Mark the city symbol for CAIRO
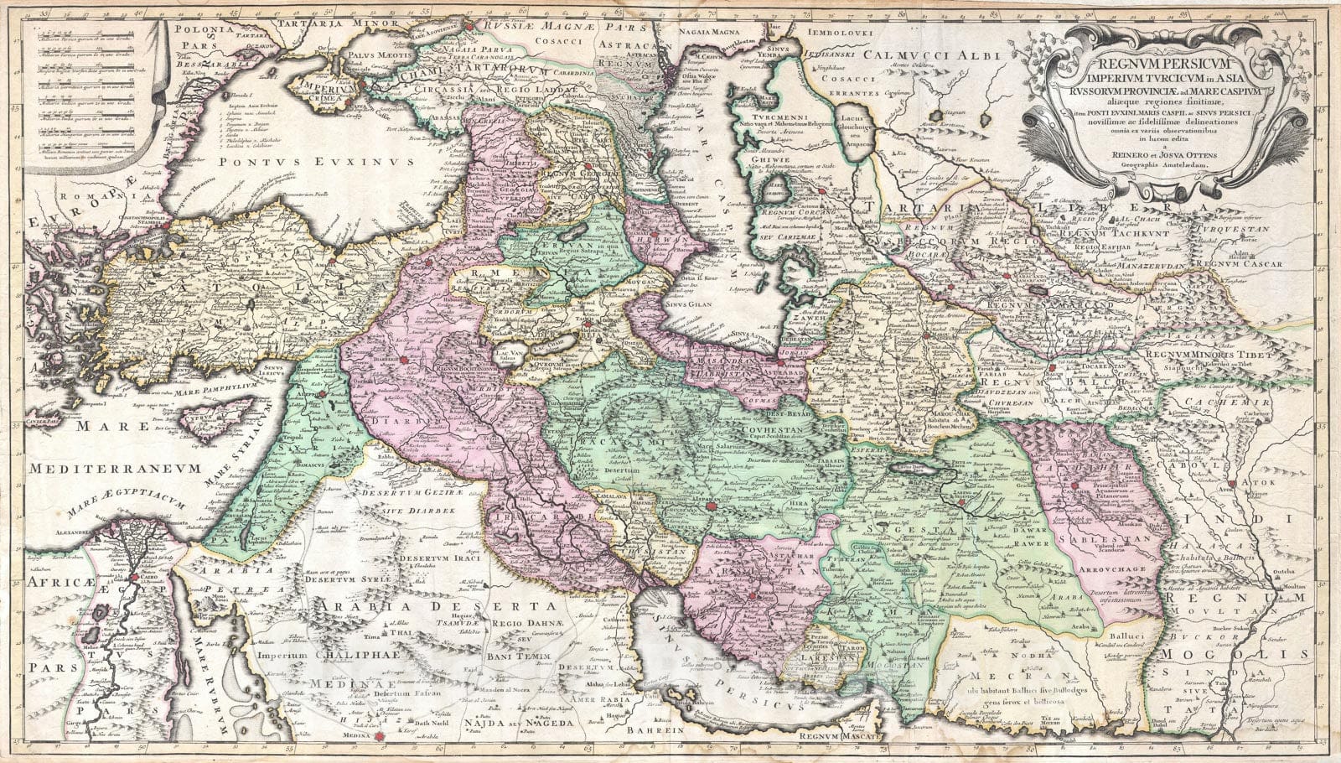[133, 579]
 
